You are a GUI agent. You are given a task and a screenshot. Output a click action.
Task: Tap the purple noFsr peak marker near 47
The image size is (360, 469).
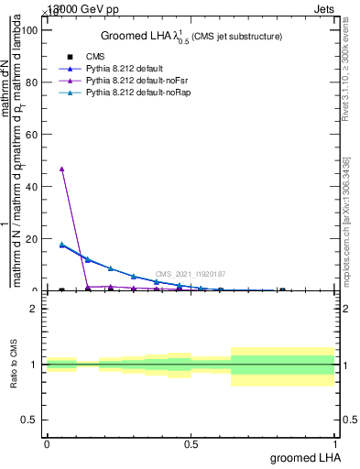click(61, 169)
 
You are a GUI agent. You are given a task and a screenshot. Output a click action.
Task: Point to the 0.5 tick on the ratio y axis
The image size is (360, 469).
click(35, 420)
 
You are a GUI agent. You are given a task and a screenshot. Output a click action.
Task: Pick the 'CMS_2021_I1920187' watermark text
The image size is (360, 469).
click(191, 274)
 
